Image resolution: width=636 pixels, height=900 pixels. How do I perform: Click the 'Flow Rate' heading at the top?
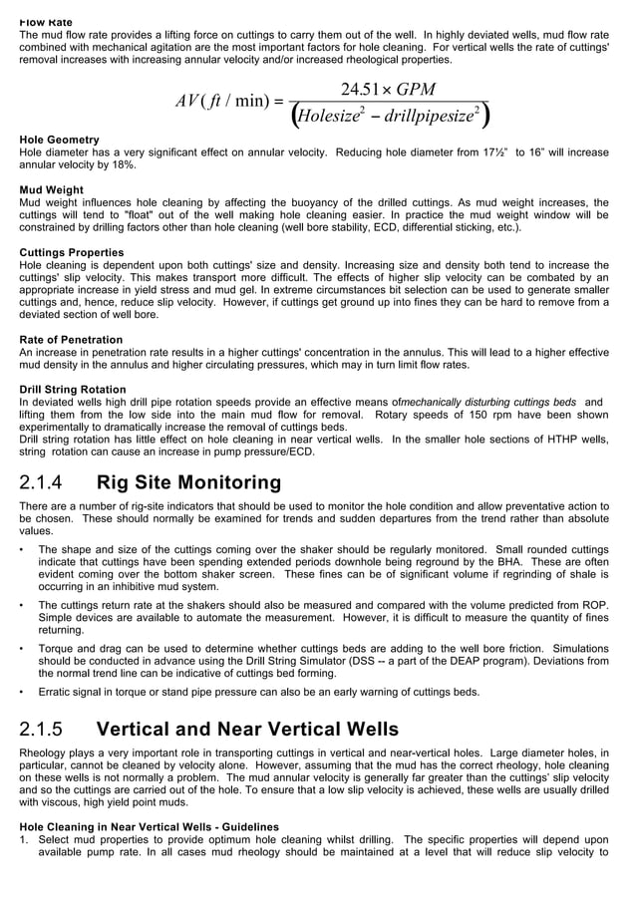click(x=45, y=21)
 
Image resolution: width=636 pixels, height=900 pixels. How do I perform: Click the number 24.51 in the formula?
click(x=361, y=90)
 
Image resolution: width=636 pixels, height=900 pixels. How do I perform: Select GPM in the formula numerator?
click(x=416, y=90)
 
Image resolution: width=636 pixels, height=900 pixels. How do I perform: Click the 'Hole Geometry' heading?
click(x=59, y=140)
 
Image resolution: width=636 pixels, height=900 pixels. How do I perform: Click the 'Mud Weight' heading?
click(x=52, y=189)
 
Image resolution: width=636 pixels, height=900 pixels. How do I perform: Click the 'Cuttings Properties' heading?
click(x=72, y=252)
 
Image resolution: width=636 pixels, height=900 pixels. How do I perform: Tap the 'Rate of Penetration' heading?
click(x=71, y=340)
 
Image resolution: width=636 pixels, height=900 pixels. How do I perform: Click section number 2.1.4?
click(x=42, y=483)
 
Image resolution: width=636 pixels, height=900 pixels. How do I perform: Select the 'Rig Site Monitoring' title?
click(x=188, y=483)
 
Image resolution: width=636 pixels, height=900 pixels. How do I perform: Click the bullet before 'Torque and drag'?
click(x=23, y=648)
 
